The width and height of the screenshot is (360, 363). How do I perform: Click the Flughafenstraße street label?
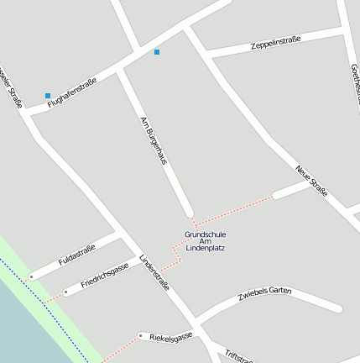tap(71, 92)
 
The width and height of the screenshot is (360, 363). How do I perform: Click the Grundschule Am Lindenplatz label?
tap(206, 241)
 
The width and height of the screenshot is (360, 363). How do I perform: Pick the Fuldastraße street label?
tap(77, 255)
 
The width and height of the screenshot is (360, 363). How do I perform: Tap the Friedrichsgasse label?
tap(105, 275)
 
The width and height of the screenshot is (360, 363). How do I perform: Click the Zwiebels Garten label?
tap(264, 293)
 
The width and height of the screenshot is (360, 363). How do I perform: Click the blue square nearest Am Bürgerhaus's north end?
tap(156, 52)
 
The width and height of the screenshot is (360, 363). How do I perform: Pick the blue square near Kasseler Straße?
tap(48, 96)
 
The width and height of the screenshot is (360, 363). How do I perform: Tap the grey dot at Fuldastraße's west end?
tap(32, 276)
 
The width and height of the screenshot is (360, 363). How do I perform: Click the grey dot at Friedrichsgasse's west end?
tap(65, 292)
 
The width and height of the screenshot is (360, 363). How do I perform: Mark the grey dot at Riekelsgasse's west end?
tap(140, 335)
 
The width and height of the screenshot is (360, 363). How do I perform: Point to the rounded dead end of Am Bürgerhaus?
tap(190, 213)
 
